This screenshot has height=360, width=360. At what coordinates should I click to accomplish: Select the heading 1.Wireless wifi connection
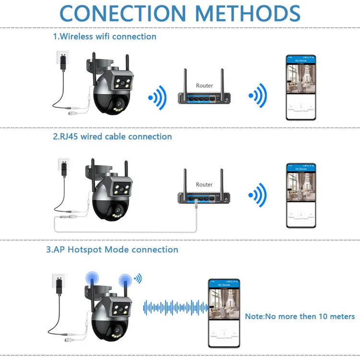coord(104,36)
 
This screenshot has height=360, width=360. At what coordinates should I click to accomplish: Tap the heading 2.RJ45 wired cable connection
coord(112,137)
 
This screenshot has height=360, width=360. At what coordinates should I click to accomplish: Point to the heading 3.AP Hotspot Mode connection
coord(112,250)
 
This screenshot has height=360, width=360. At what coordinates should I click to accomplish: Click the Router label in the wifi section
coord(204,85)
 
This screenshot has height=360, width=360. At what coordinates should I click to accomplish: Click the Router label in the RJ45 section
coord(204,184)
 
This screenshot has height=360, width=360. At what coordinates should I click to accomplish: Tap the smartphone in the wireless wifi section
coord(301,87)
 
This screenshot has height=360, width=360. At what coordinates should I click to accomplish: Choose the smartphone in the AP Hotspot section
coord(224,312)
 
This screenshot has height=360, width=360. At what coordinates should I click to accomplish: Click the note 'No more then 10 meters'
coord(300,316)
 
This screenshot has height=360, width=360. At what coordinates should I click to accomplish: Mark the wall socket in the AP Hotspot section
coord(60,280)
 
